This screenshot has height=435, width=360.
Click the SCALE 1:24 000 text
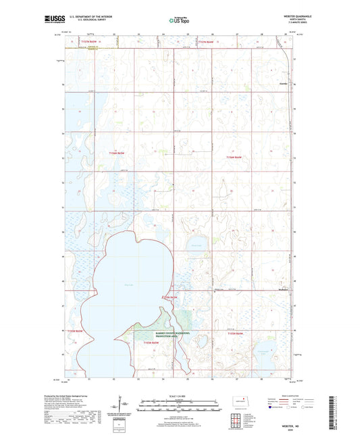(178, 396)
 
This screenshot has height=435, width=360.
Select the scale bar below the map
(178, 406)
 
